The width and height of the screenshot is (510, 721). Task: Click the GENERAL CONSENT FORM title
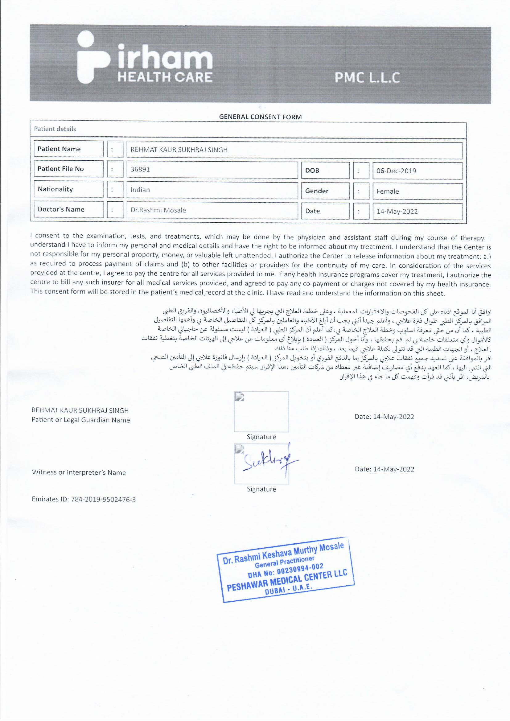tap(260, 117)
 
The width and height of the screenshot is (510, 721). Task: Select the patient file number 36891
tap(140, 170)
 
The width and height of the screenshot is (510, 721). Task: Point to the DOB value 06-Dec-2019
tap(396, 171)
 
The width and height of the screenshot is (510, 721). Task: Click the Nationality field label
tap(55, 189)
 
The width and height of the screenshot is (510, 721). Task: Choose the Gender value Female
tap(388, 191)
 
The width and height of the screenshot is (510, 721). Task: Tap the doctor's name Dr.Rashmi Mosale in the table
tap(158, 210)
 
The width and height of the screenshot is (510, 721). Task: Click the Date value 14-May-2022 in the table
tap(397, 211)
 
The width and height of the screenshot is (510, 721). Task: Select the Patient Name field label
tap(59, 149)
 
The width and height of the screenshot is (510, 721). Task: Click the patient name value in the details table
tap(179, 150)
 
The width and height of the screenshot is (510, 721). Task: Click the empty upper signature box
tap(261, 411)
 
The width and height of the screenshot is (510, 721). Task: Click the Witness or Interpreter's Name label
tap(79, 472)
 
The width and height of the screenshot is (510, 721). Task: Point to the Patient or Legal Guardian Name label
tap(81, 420)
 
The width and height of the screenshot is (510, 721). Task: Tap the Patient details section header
tap(55, 129)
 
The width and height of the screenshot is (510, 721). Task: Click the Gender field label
tap(317, 191)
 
